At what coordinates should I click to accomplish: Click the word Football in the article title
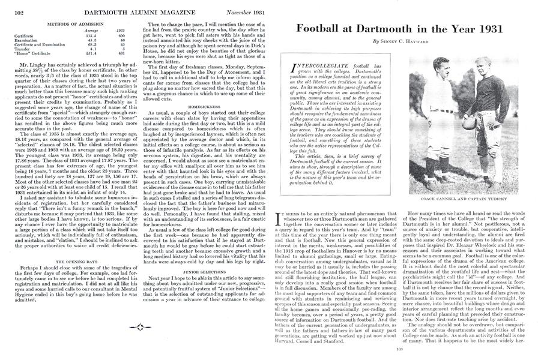click(316, 29)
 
